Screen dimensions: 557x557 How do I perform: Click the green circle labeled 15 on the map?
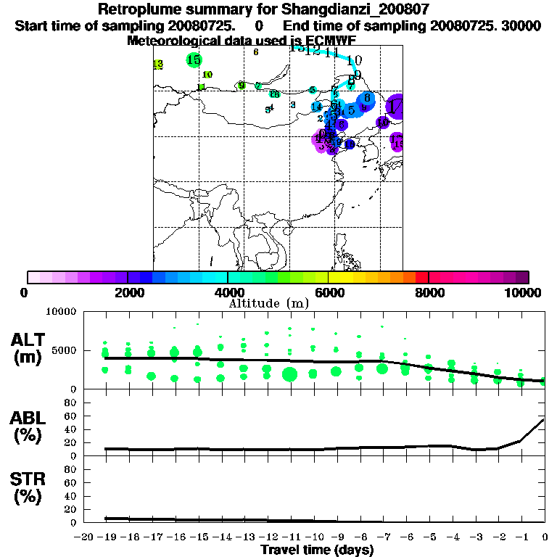click(194, 60)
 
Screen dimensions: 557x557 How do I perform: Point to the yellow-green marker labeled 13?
click(158, 65)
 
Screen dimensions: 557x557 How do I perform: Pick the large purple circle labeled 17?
click(397, 107)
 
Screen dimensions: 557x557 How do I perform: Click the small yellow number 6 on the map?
click(256, 52)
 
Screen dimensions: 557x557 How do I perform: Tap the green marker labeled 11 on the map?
click(202, 87)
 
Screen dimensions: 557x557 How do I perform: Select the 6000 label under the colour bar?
click(329, 292)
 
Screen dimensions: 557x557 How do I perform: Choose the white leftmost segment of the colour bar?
click(33, 277)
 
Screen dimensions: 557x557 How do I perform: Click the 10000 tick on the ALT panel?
click(62, 312)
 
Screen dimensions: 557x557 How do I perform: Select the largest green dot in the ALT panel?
click(289, 374)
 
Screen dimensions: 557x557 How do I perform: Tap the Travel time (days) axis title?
click(317, 550)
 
